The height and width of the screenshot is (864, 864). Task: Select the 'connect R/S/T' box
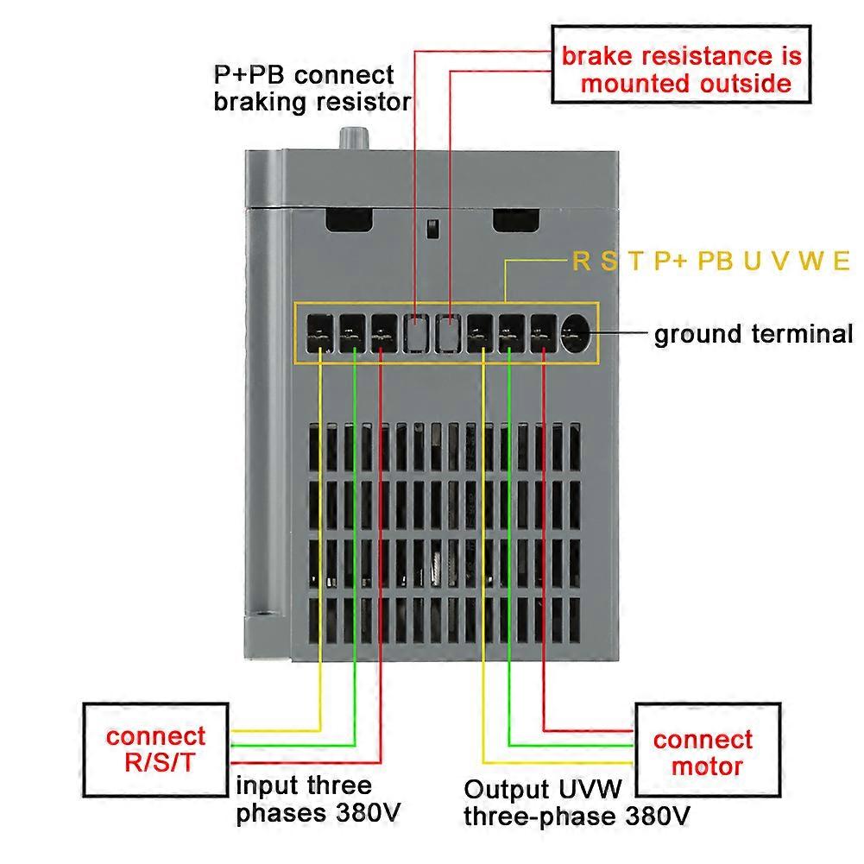(x=155, y=748)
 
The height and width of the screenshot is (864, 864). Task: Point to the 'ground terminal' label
(x=753, y=334)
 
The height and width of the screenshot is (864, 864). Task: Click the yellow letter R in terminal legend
(x=582, y=261)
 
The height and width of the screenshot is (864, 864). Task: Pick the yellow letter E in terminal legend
(x=841, y=261)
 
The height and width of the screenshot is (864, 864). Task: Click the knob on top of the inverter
(x=352, y=137)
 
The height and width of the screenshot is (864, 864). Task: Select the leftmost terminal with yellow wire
(x=319, y=335)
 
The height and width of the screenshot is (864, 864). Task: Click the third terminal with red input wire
(x=384, y=335)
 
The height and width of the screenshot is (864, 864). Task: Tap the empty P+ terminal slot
(x=417, y=335)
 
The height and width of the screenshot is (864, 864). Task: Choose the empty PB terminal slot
(x=449, y=335)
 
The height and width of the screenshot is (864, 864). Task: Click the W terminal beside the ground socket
(x=544, y=335)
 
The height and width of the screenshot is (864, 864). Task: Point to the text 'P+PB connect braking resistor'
(x=312, y=87)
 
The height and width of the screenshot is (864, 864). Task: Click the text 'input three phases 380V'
(x=318, y=799)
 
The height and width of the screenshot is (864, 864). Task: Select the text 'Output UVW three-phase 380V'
(x=576, y=803)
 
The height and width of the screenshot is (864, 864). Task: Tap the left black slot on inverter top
(x=350, y=219)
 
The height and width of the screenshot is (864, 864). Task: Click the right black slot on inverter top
(x=515, y=219)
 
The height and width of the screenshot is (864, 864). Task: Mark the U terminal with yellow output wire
(x=481, y=335)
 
